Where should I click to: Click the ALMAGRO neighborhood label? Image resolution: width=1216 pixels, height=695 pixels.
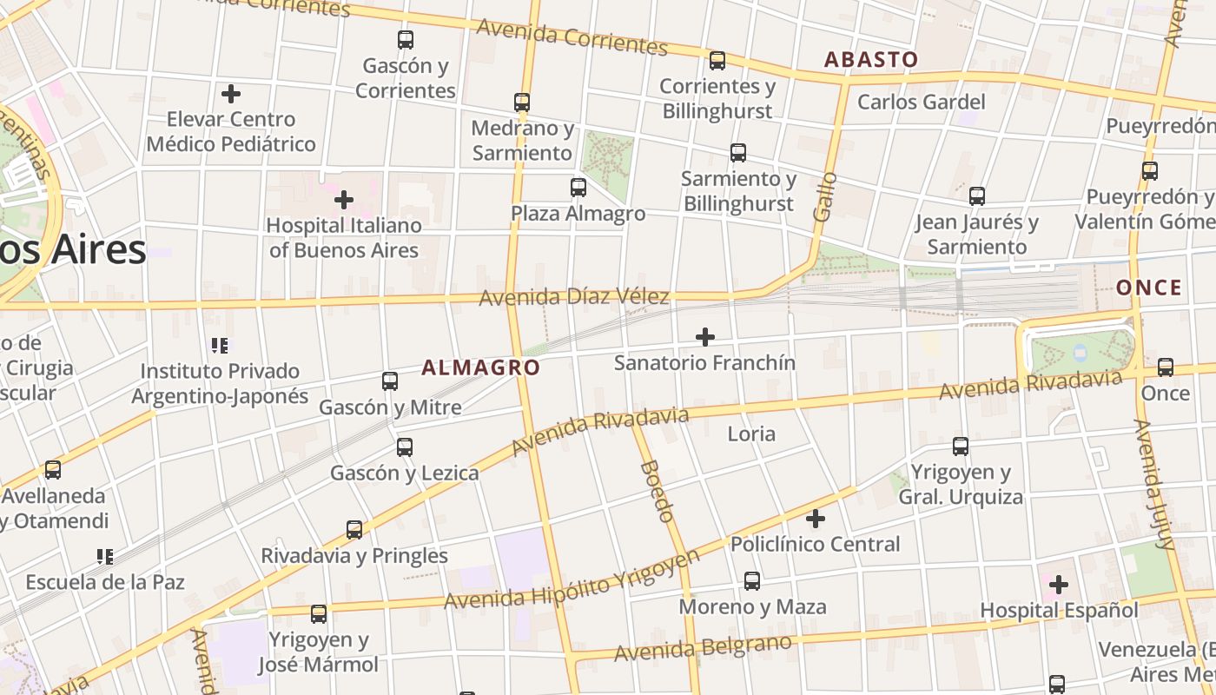480,367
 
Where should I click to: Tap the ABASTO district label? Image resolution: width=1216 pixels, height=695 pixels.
870,59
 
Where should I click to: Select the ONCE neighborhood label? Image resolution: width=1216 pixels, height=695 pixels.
1148,288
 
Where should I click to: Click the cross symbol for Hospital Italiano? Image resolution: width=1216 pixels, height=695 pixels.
344,201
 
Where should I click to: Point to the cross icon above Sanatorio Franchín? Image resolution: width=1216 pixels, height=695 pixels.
705,337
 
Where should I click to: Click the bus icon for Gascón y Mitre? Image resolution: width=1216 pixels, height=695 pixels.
390,381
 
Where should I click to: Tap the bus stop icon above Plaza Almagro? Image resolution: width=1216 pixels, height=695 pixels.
578,188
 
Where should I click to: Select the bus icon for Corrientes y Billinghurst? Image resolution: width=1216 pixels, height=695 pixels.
717,61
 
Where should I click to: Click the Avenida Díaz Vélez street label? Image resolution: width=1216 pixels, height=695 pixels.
574,298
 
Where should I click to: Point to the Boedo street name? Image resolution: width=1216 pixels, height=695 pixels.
657,491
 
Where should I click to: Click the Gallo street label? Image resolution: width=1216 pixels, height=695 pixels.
826,196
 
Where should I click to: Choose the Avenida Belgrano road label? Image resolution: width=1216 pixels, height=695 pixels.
704,647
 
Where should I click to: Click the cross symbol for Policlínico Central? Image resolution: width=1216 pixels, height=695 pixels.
816,520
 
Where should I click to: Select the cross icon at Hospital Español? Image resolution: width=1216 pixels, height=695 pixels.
1059,585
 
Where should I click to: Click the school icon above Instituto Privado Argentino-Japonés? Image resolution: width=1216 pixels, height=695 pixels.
220,346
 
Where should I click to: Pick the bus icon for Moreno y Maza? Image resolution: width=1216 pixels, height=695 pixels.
752,581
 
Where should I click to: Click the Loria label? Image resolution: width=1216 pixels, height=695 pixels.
751,434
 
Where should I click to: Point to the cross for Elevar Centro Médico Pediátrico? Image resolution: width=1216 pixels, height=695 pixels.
231,94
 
